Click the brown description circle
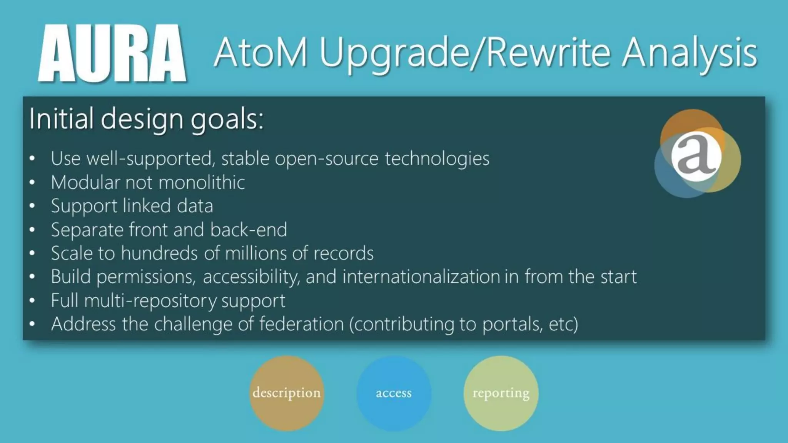286,393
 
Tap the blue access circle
394,393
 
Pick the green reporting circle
501,393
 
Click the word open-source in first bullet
326,158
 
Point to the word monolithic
202,182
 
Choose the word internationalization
421,277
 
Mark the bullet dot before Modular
32,182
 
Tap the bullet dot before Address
32,324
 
